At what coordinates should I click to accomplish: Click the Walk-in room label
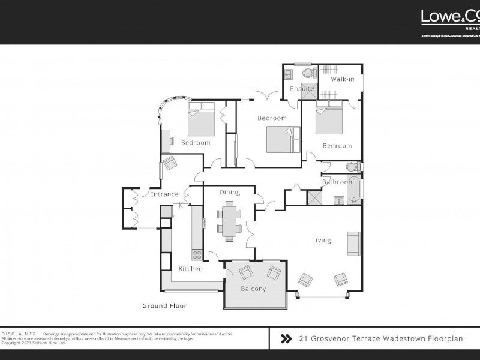(343, 79)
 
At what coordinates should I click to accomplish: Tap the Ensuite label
(302, 89)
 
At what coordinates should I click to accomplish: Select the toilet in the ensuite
(309, 74)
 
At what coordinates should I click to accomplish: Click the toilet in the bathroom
(354, 167)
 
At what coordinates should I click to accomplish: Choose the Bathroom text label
(338, 182)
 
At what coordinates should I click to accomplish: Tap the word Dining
(229, 193)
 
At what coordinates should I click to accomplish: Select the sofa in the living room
(353, 244)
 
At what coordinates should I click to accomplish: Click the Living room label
(321, 241)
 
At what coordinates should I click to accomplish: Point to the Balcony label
(253, 289)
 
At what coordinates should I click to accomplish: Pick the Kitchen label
(190, 269)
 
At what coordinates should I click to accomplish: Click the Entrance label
(164, 194)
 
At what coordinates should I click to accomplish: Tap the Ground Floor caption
(164, 306)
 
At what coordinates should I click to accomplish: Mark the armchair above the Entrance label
(170, 162)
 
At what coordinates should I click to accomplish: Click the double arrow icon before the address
(287, 339)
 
